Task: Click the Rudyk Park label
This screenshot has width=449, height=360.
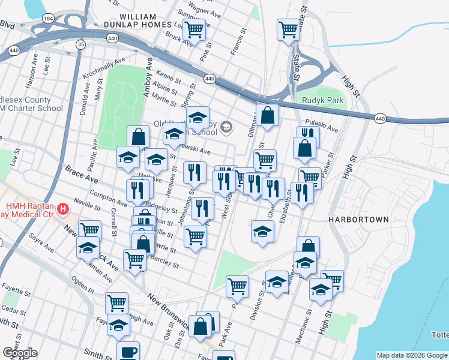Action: (323, 100)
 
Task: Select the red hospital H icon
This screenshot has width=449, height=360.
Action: (63, 209)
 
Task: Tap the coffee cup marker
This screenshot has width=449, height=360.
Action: (127, 351)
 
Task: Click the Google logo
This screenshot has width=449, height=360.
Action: (20, 353)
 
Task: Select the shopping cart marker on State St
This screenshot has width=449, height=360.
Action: (288, 28)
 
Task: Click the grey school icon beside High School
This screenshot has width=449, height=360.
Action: (226, 126)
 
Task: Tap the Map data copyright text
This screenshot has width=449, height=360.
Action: (412, 355)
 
